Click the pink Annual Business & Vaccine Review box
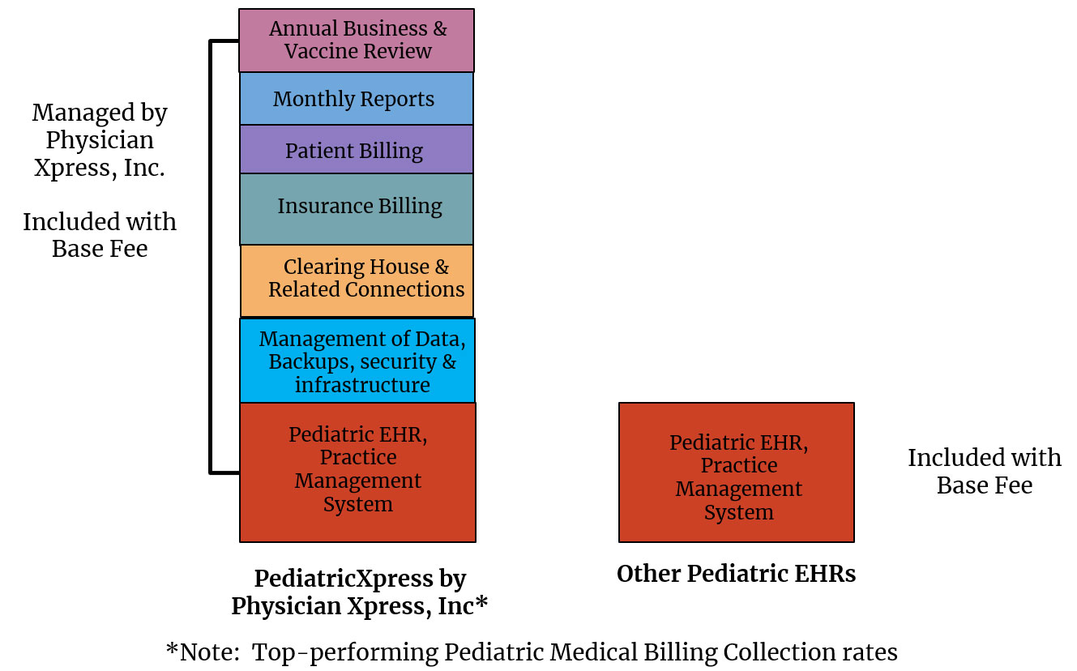[357, 41]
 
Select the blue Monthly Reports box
[357, 99]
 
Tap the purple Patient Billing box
[357, 149]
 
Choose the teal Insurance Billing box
[357, 209]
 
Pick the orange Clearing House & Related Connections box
[357, 280]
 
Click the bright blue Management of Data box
[357, 361]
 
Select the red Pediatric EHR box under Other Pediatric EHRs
[737, 472]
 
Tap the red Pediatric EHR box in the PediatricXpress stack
[357, 472]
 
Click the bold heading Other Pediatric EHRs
[736, 574]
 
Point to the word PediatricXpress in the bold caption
[344, 579]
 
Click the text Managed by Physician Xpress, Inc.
[100, 140]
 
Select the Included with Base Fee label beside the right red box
[984, 471]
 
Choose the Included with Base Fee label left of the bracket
[100, 235]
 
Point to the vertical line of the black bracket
[211, 257]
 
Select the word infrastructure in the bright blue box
[362, 385]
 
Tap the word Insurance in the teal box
[325, 206]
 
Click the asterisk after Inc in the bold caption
[481, 602]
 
